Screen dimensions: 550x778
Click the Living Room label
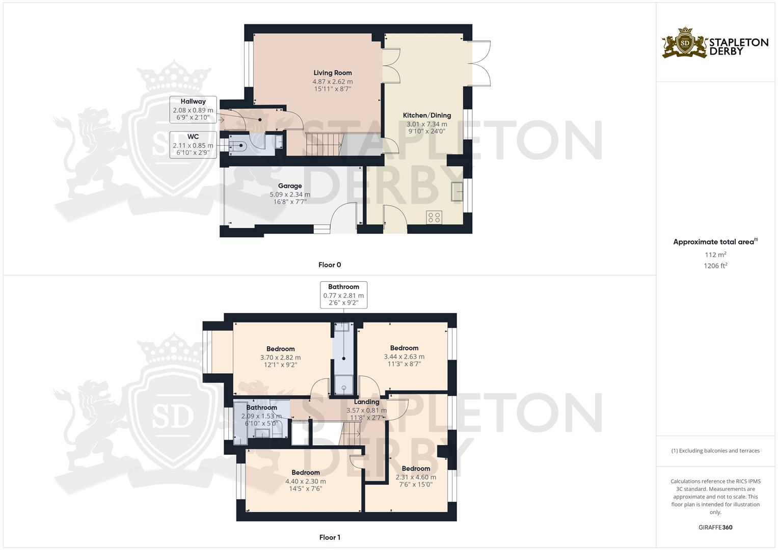click(x=332, y=73)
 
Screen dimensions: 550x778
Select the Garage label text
click(x=289, y=186)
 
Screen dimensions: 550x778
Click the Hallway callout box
click(x=193, y=109)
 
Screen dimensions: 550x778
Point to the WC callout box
click(x=193, y=145)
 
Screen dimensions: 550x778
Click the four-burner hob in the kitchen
click(x=434, y=217)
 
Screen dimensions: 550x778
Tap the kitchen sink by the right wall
click(x=457, y=191)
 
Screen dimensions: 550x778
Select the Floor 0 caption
click(x=329, y=265)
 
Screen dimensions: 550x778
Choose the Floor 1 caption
click(x=329, y=537)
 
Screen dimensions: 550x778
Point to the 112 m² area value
click(x=715, y=255)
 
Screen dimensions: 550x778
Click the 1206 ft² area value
click(x=715, y=265)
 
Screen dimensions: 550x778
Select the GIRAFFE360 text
click(x=715, y=528)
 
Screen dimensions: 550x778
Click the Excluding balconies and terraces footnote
click(x=715, y=451)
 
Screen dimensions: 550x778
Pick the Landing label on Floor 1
click(x=366, y=402)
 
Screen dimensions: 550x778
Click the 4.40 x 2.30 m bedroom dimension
click(x=305, y=481)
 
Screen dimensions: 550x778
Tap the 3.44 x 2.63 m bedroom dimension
click(x=404, y=356)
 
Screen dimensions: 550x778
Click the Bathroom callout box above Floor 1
click(x=343, y=295)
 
